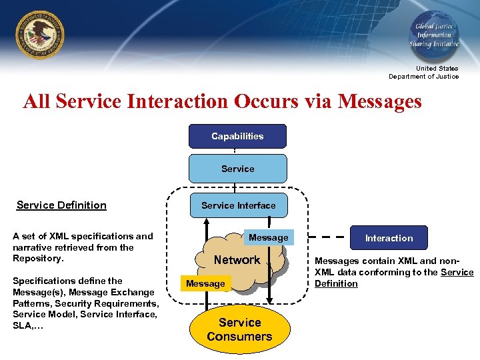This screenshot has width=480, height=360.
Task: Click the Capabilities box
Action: coord(237,136)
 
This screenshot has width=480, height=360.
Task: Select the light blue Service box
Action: coord(237,169)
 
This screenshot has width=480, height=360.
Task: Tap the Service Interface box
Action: coord(238,205)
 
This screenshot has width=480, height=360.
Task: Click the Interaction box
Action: coord(389,238)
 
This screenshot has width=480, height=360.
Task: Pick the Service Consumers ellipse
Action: coord(239,329)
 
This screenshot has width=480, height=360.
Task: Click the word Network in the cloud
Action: coord(237,260)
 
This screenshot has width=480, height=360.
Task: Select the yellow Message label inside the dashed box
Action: coord(268,237)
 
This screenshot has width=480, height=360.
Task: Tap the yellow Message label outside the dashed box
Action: coord(205,283)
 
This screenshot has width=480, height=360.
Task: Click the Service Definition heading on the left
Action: coord(61,205)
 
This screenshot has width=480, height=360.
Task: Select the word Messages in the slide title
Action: coord(380,101)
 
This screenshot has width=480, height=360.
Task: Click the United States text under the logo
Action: coord(437,68)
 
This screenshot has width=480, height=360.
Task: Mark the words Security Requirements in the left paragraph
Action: coord(110,303)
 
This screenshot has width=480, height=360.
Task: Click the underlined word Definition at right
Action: coord(336,284)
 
